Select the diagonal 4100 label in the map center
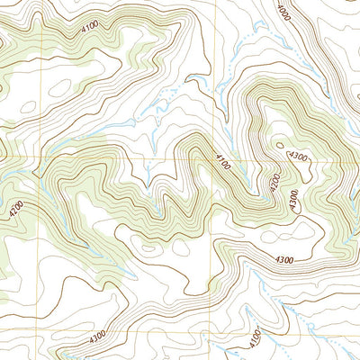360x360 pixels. [x=224, y=163]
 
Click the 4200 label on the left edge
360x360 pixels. [x=15, y=211]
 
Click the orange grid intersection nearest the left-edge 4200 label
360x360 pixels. [x=38, y=157]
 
